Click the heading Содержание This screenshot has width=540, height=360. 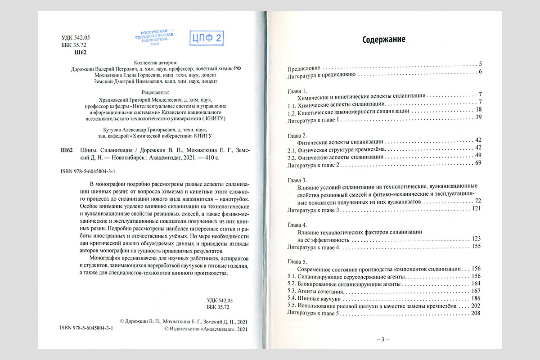(384, 40)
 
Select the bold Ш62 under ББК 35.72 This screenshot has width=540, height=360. (79, 53)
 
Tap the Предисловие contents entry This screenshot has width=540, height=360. (304, 64)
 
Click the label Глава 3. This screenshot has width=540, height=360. (297, 179)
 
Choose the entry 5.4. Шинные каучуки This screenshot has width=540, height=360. (314, 298)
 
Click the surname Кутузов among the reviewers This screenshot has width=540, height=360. (108, 129)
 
